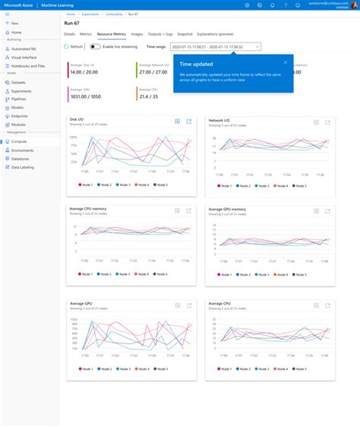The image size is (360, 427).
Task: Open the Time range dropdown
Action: coord(216,46)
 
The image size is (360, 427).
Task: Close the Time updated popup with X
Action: coord(286,62)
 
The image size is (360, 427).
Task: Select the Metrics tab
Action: coord(86,34)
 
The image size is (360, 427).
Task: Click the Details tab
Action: coord(69,34)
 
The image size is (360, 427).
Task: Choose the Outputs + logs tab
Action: coord(160,34)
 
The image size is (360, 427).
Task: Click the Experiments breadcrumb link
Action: coord(90,14)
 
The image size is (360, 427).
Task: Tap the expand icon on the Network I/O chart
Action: coord(327,122)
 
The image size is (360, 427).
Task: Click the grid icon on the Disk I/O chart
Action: coord(177,122)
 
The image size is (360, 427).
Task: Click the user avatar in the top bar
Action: coord(352,5)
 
